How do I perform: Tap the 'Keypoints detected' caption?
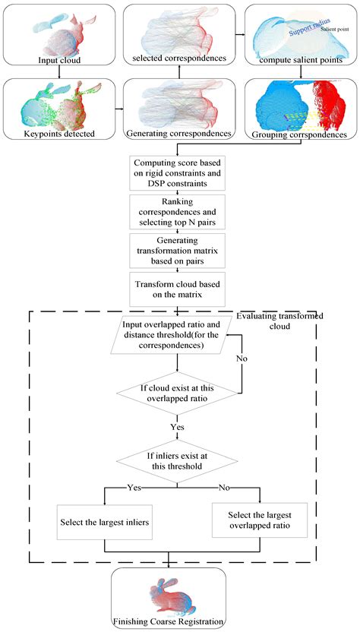59,134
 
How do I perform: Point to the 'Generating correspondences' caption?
177,134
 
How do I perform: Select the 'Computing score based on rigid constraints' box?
177,173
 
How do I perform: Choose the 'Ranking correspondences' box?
177,210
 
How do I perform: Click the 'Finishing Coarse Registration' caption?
177,622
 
